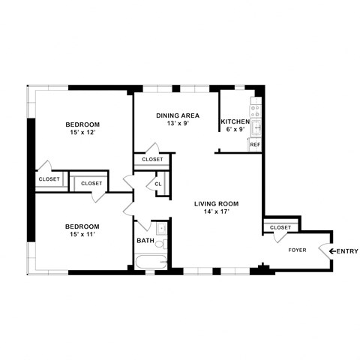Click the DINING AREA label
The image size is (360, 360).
177,115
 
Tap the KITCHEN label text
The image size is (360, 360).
234,121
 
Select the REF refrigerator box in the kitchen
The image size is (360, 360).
255,144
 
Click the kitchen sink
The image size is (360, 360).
255,126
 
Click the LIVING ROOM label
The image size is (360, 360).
216,203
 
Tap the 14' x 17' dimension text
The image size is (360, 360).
216,211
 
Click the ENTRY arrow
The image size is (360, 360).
332,250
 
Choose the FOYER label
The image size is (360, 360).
298,250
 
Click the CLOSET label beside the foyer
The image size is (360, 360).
280,227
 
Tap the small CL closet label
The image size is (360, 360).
158,184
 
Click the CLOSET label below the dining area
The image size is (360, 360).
152,159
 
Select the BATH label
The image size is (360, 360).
145,241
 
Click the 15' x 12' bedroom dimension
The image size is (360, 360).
82,133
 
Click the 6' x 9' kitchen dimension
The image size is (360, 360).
235,129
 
